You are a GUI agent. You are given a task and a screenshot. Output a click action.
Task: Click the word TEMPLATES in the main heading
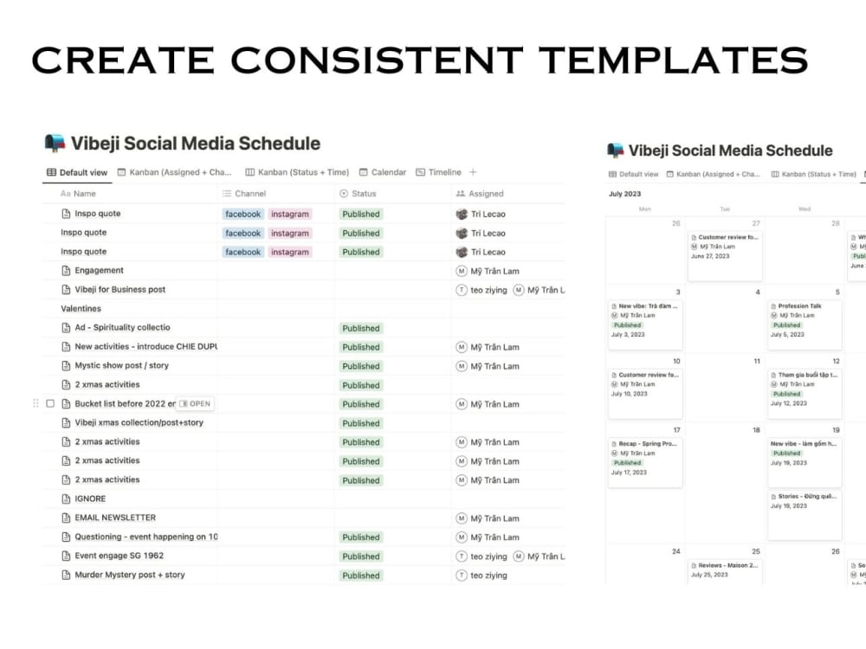pos(672,60)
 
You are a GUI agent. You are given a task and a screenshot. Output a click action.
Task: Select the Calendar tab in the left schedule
pos(383,172)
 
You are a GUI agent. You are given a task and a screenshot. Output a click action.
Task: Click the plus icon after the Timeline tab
pos(473,172)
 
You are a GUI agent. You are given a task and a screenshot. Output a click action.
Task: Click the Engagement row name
pos(99,271)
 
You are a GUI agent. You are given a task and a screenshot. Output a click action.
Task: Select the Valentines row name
pos(81,309)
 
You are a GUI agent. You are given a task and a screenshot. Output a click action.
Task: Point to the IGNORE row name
pos(90,499)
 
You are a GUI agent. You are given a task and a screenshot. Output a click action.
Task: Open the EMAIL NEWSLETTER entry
pos(115,518)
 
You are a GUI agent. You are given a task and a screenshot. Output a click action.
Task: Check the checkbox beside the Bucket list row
pos(50,404)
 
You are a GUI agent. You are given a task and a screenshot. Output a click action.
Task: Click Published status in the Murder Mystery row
pos(361,575)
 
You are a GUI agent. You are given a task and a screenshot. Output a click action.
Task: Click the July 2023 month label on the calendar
pos(625,194)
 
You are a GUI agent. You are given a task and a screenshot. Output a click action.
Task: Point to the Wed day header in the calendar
pos(805,209)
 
